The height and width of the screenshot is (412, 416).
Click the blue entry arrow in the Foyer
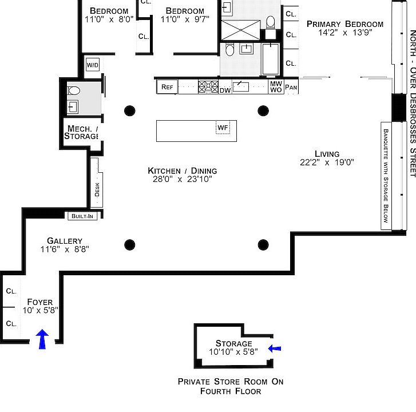42,339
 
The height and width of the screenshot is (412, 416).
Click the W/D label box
93,65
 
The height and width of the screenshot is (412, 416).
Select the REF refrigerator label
167,87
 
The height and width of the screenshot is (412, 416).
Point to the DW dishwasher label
225,90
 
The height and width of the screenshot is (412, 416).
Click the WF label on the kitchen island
222,127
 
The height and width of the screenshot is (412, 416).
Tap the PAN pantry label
291,88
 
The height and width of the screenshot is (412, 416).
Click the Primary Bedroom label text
344,24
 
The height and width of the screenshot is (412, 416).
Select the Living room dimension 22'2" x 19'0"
327,163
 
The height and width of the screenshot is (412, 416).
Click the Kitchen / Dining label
182,171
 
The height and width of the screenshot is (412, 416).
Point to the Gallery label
65,241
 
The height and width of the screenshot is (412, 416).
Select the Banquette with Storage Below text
385,174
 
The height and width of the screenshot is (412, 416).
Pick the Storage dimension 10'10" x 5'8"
233,352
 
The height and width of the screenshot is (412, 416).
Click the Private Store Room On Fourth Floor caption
230,386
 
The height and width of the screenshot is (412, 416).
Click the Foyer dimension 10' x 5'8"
40,310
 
